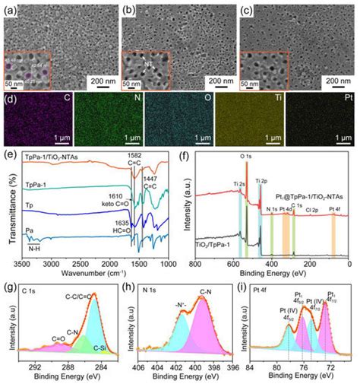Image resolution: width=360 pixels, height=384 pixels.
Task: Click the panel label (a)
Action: click(x=10, y=10)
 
